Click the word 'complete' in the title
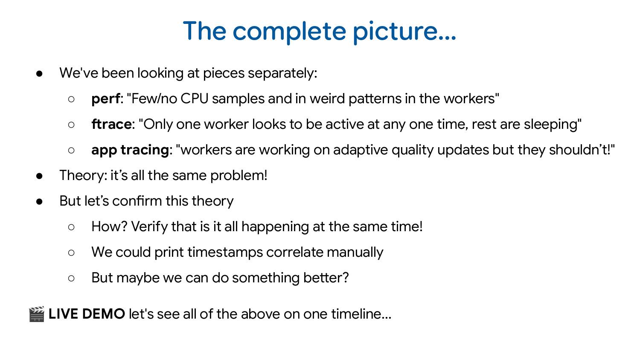coord(289,31)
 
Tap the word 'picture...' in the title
coord(404,31)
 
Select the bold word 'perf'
coord(105,99)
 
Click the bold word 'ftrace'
coord(111,125)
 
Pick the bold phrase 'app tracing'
coord(130,150)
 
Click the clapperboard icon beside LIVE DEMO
coord(37,314)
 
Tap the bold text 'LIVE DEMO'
coord(87,314)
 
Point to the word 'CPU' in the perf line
coord(194,99)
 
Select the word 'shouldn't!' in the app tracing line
coord(582,150)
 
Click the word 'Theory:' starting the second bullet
coord(83,176)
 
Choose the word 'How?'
coord(109,227)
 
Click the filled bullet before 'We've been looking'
coord(40,73)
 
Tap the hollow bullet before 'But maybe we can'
coord(71,278)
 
